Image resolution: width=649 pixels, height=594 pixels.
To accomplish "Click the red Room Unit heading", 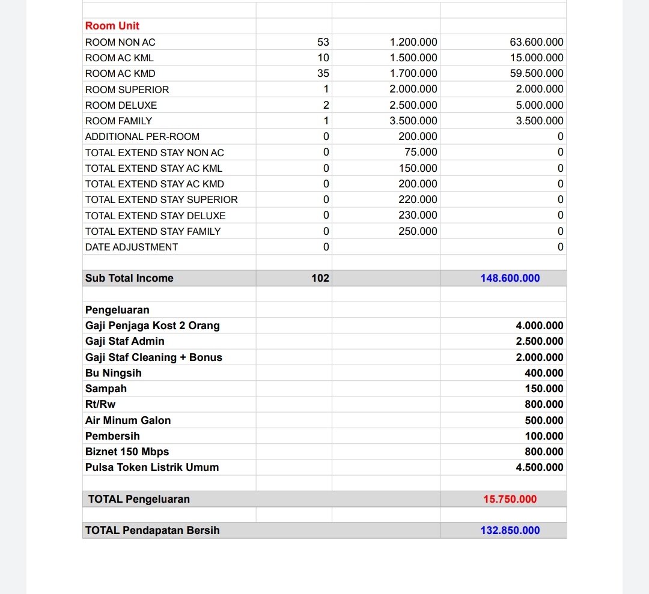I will coord(112,26).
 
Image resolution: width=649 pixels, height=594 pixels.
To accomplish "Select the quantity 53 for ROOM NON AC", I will coord(323,42).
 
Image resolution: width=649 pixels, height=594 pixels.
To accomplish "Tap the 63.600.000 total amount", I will coord(537,42).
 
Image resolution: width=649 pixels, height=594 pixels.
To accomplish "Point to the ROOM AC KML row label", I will coord(120,58).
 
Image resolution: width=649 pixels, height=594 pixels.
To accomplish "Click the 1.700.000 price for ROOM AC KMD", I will coord(413,73).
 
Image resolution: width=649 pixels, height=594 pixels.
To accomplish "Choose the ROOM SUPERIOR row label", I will coord(127,89).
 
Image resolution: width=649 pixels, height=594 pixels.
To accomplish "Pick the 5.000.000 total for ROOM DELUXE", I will coord(540,105).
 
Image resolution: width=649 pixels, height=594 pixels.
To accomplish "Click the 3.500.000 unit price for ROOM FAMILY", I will coord(413,121).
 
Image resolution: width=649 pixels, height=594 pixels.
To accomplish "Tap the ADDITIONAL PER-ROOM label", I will coord(142,136).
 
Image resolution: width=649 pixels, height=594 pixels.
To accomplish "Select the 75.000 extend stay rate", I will coord(421,152).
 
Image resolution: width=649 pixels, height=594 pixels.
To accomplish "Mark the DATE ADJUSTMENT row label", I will coord(132,247).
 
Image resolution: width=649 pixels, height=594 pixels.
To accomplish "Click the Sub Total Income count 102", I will coord(320,278).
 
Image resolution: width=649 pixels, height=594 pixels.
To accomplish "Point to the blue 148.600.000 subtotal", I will coord(510,278).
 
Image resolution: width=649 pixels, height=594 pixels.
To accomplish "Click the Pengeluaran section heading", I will coord(117,310).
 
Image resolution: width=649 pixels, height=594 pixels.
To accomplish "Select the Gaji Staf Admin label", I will coord(125,341).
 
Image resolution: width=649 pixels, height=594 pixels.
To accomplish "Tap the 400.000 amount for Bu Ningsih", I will coord(544,373).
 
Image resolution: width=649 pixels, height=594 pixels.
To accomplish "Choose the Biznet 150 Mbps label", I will coord(127,452).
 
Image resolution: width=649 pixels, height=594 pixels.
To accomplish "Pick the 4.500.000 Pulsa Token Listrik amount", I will coord(540,467).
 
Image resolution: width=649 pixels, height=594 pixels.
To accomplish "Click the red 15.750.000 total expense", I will coord(510,499).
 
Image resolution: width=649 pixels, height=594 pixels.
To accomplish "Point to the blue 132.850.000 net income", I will coord(510,530).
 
